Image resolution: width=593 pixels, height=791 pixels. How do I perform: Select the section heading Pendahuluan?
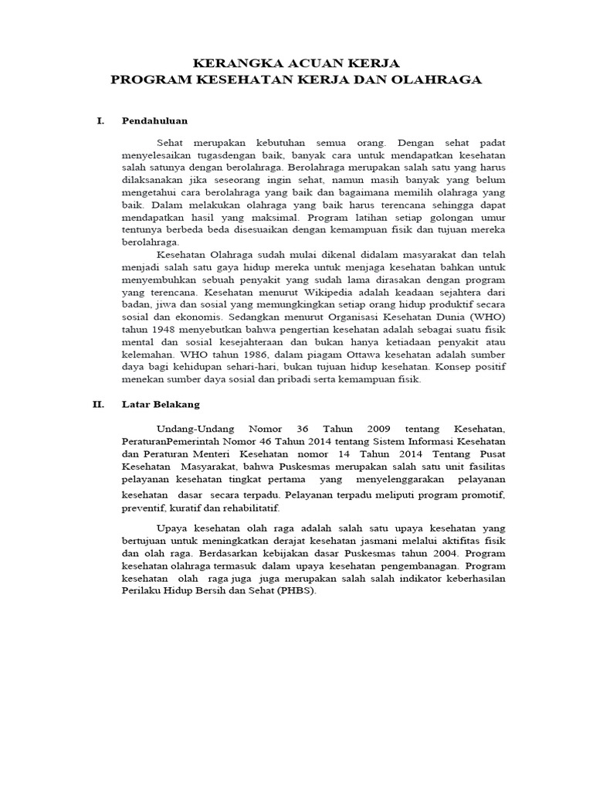tap(154, 121)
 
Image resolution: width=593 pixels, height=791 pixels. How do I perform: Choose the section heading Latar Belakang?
tap(161, 404)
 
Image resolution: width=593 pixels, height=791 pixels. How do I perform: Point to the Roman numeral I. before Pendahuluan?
tap(100, 121)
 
